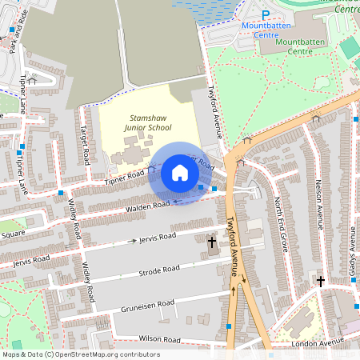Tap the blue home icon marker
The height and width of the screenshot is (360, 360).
(180, 173)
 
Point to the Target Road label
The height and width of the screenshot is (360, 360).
(83, 144)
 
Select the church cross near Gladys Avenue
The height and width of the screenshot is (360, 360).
(320, 282)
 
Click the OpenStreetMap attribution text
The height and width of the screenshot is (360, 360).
(81, 354)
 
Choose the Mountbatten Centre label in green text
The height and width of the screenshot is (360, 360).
(311, 46)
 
